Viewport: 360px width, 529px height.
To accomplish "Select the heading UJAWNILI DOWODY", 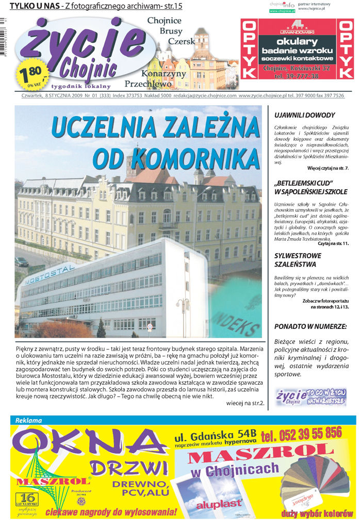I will [304, 115].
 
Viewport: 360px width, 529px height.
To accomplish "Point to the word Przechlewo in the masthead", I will [147, 84].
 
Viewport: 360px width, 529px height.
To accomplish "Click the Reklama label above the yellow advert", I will [29, 420].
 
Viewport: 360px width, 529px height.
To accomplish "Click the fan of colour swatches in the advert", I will [317, 483].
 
